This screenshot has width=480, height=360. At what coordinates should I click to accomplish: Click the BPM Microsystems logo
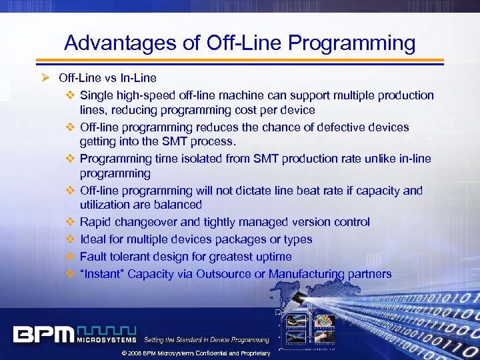click(x=74, y=334)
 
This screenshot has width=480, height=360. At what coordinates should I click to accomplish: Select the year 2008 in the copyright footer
click(x=133, y=353)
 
